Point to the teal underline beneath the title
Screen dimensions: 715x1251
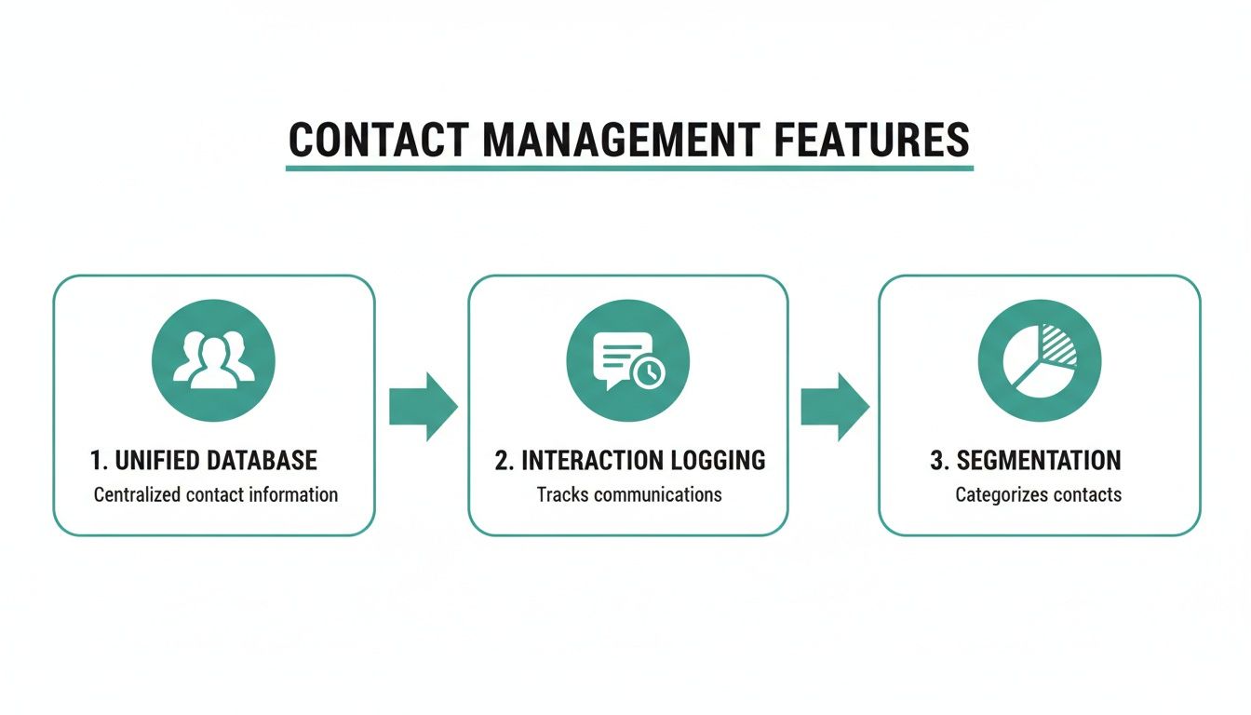629,169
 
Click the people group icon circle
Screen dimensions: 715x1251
213,360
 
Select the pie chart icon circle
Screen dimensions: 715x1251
1040,360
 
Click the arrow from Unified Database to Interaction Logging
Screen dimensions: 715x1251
422,407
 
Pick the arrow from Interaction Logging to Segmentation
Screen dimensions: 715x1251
834,407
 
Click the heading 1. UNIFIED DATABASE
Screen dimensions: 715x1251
203,460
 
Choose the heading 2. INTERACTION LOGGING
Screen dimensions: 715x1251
629,460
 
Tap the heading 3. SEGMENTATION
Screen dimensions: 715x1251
1025,460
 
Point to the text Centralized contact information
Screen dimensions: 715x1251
215,494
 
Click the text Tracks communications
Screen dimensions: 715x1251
629,494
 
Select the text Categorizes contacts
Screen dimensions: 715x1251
1038,494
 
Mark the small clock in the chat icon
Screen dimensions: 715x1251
649,372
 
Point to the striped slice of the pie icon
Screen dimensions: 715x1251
1058,344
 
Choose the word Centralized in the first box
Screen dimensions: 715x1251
137,494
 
